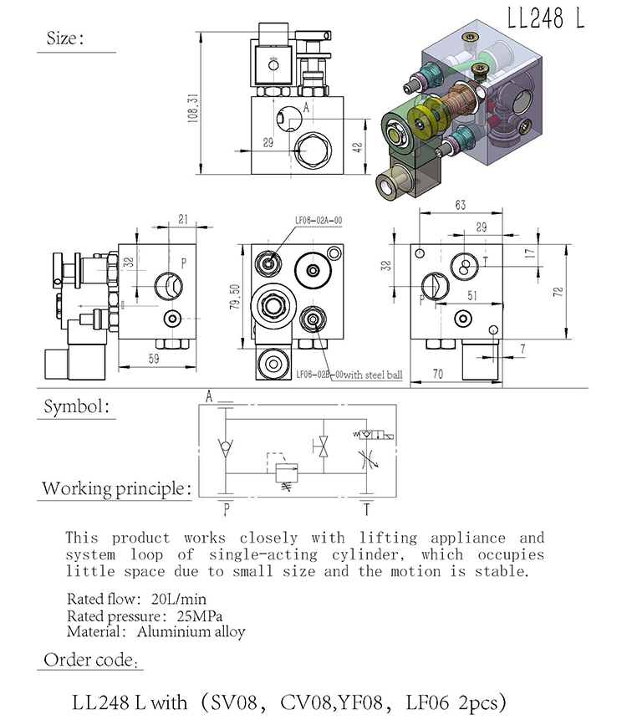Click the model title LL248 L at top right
click(546, 18)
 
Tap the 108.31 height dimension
click(193, 108)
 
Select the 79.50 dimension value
click(235, 297)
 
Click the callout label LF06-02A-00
click(319, 221)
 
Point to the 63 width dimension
click(460, 205)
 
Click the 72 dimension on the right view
click(558, 292)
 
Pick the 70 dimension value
click(437, 373)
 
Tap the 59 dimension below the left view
click(154, 359)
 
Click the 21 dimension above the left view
click(183, 219)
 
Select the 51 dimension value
click(472, 295)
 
